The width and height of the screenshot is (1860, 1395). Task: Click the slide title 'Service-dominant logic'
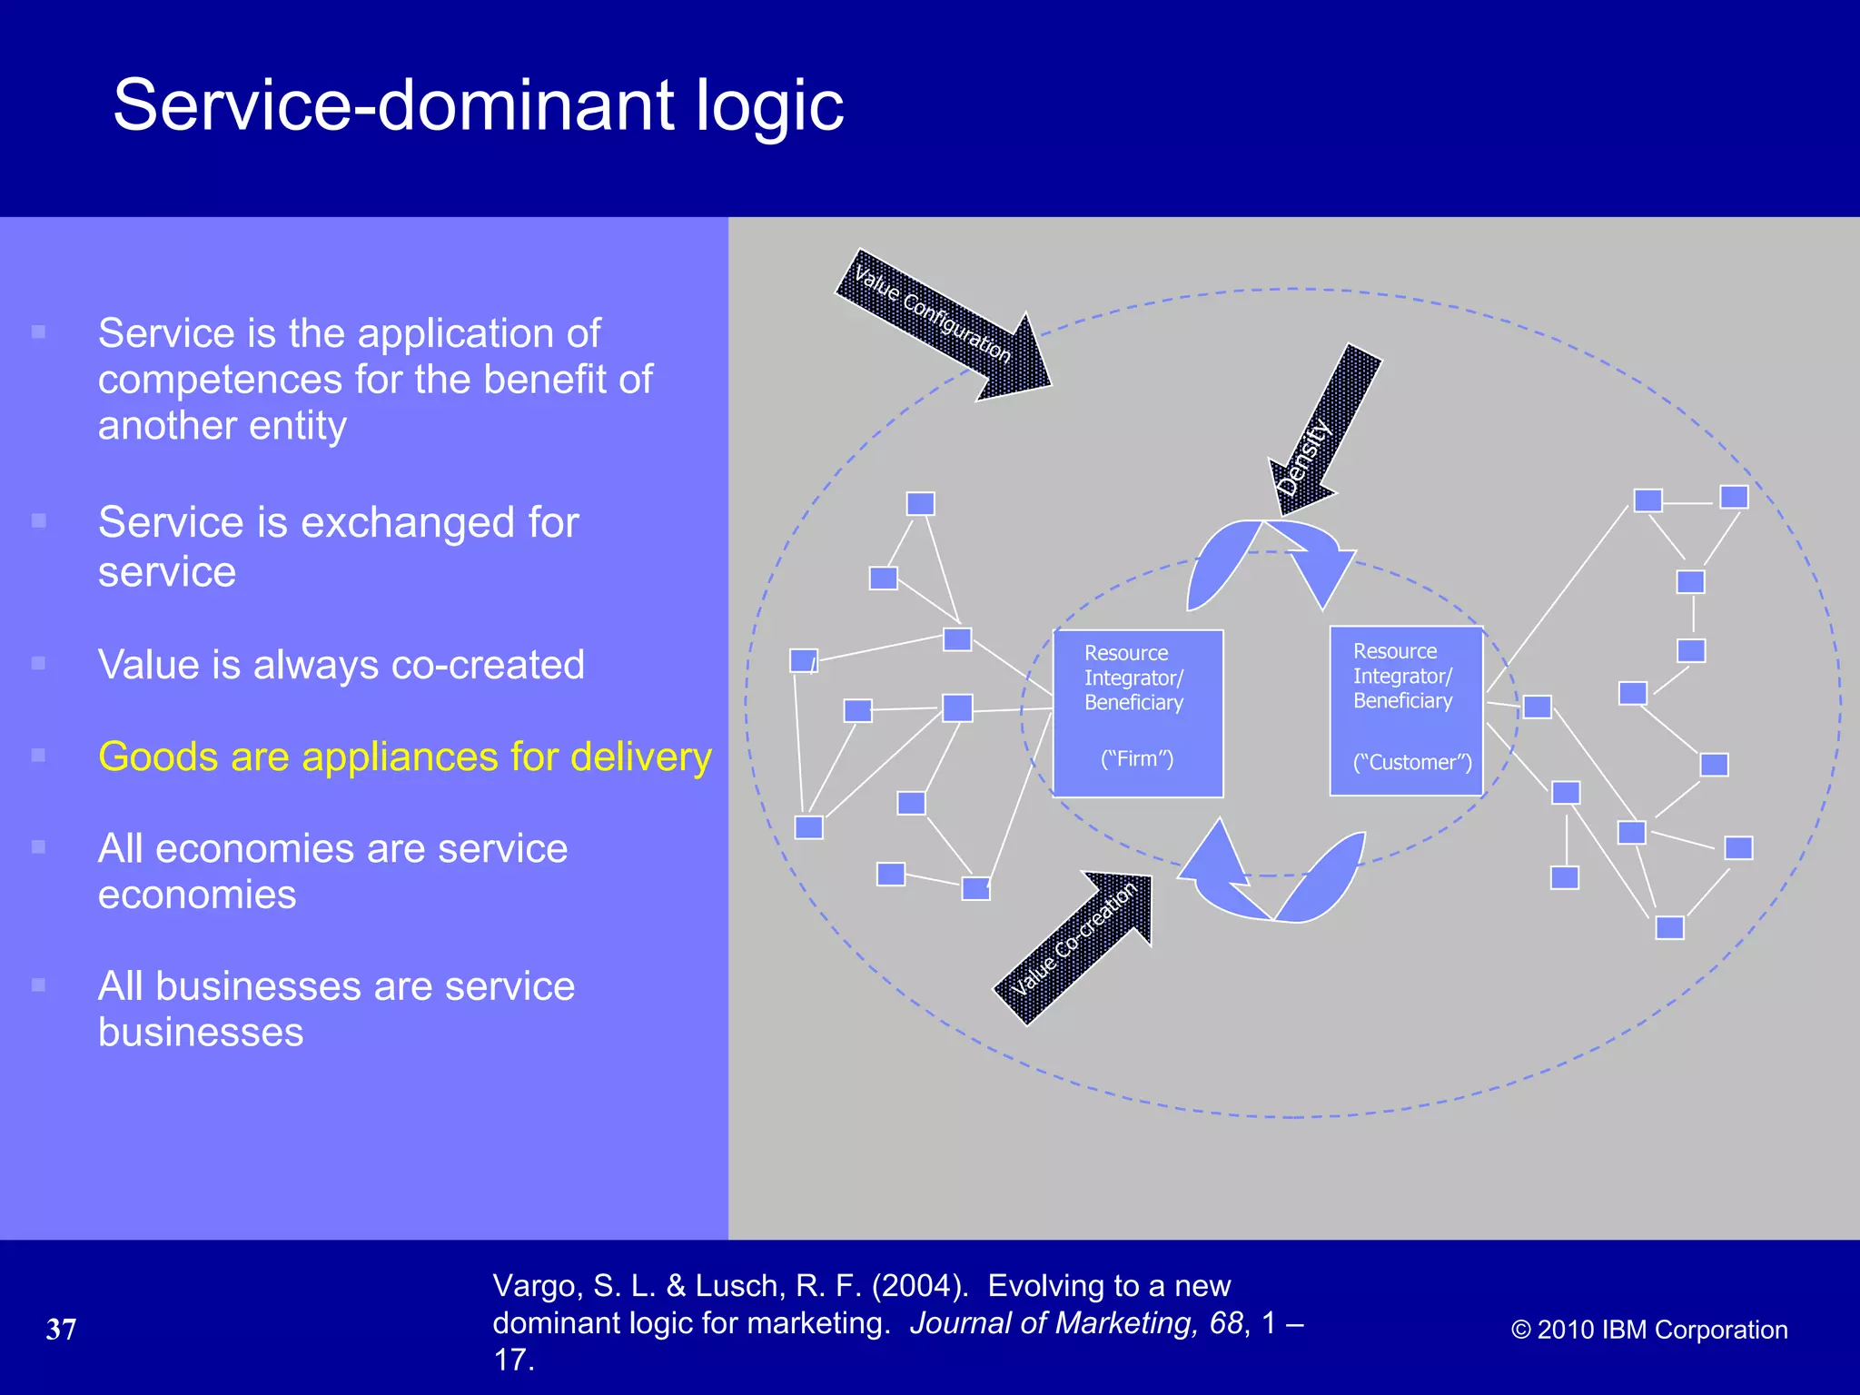(478, 105)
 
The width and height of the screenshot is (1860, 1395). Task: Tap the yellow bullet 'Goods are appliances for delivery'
(404, 757)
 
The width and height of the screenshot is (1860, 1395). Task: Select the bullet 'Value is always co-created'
(341, 665)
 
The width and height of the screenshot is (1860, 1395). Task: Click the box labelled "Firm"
(1138, 713)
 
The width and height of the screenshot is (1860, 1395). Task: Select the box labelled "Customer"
(1406, 710)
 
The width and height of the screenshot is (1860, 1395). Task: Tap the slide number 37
(61, 1330)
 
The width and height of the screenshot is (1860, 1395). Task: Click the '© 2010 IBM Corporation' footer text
(1649, 1330)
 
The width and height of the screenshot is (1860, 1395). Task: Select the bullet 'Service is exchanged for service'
(338, 547)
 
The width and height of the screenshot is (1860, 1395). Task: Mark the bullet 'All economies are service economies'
(332, 871)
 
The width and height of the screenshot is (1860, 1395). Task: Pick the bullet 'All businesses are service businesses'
(336, 1009)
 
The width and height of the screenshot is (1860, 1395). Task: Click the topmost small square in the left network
(920, 504)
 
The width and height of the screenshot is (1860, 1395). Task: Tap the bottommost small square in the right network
(1669, 927)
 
